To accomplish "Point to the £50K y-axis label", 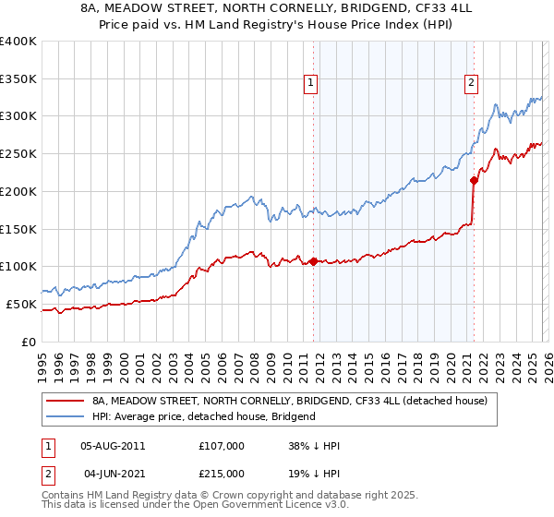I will pyautogui.click(x=21, y=304).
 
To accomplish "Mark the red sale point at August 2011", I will pyautogui.click(x=313, y=261).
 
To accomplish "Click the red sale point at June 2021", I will pyautogui.click(x=474, y=180).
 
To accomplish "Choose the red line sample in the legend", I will pyautogui.click(x=66, y=402).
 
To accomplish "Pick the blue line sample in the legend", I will pyautogui.click(x=66, y=416).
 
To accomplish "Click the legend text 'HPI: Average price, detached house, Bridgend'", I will pyautogui.click(x=204, y=416).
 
